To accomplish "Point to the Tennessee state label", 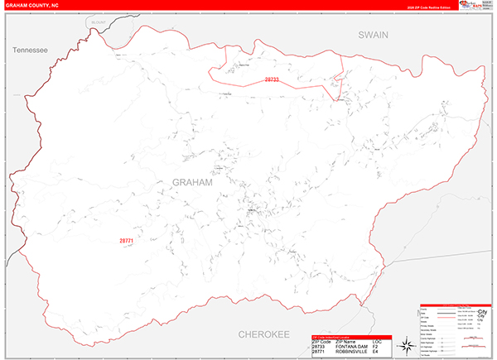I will [31, 50].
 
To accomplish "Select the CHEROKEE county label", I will [263, 334].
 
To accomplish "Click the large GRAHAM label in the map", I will [192, 182].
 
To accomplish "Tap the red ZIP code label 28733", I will [273, 79].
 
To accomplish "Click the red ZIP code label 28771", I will [126, 241].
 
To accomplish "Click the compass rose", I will [406, 345].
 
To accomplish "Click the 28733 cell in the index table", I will [320, 347].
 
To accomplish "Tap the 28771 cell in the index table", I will [320, 353].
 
